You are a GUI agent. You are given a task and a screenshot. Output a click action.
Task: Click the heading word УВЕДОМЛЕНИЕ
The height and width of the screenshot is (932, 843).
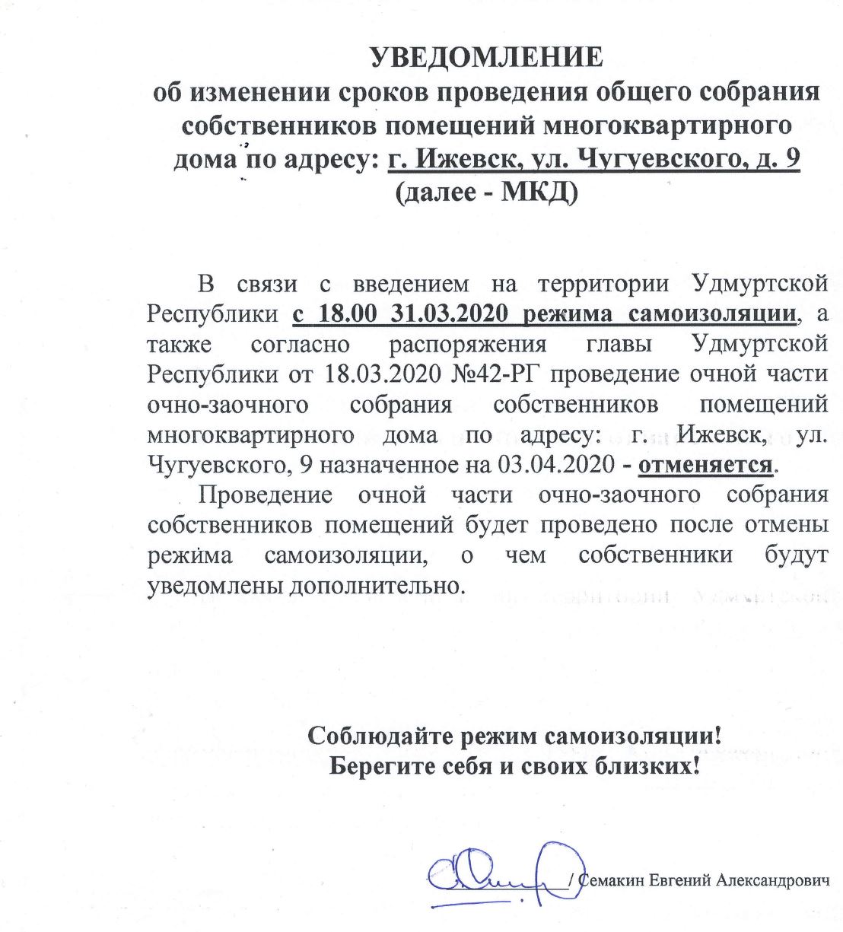pyautogui.click(x=485, y=57)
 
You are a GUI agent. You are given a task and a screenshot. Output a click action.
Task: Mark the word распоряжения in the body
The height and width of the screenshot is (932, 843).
pyautogui.click(x=468, y=344)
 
